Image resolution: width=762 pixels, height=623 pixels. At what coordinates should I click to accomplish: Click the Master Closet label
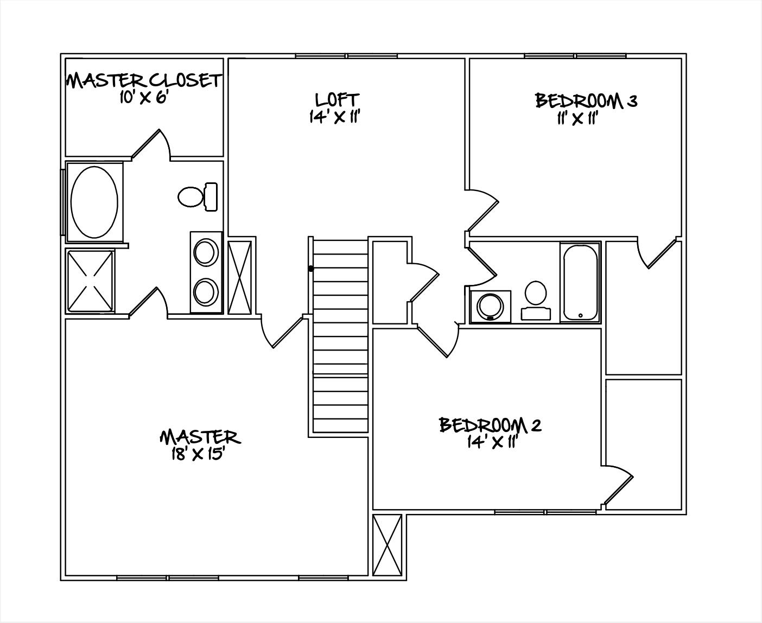tap(144, 81)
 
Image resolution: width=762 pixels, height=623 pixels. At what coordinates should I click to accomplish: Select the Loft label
tap(336, 99)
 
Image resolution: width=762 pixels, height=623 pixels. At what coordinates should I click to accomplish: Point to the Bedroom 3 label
tap(586, 101)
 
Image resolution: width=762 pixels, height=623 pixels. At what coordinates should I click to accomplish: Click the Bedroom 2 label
tap(490, 425)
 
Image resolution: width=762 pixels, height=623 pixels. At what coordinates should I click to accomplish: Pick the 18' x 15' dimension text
tap(198, 454)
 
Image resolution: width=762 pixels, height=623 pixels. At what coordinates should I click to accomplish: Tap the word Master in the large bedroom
tap(199, 437)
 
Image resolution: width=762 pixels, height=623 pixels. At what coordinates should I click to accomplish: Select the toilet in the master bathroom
tap(196, 196)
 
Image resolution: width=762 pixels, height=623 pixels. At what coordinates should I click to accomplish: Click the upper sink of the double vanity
tap(206, 253)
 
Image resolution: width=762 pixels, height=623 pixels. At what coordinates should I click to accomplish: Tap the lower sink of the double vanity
tap(206, 292)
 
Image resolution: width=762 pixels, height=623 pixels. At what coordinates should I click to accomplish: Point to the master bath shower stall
tap(91, 281)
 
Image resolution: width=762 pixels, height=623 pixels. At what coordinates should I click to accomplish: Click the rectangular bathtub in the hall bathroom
tap(580, 282)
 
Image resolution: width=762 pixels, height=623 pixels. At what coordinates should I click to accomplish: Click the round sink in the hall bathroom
tap(491, 307)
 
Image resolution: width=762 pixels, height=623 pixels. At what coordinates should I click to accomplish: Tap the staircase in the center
tap(341, 336)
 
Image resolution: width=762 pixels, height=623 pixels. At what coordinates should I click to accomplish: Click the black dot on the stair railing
tap(311, 268)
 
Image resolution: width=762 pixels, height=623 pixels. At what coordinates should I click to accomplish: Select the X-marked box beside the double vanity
tap(240, 277)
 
